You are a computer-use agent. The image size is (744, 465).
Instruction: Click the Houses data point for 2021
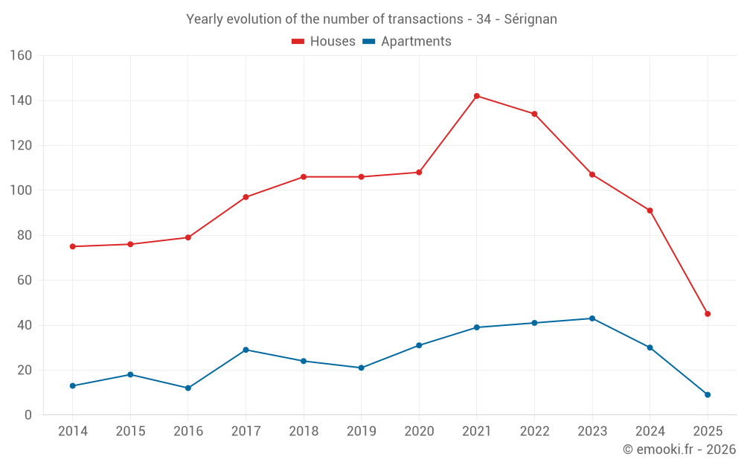(477, 96)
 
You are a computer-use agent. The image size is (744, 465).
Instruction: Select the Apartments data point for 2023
(592, 318)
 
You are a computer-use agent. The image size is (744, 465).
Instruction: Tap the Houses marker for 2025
(708, 314)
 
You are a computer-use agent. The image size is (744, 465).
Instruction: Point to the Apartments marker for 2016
(188, 388)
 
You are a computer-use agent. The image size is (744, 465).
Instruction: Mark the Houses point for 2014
(73, 246)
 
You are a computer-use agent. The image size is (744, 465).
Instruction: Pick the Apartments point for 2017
(246, 350)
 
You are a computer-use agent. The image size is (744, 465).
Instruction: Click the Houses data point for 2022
(534, 114)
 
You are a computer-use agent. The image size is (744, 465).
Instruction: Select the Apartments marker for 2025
(708, 395)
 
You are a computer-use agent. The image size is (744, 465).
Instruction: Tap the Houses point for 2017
(246, 197)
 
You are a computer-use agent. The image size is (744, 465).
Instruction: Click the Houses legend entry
(324, 42)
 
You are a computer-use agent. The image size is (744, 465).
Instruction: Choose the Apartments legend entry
(407, 42)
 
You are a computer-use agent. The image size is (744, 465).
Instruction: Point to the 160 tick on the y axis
(22, 56)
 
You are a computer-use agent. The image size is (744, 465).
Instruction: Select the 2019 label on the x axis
(361, 432)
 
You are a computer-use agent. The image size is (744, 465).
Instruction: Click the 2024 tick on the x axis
(650, 432)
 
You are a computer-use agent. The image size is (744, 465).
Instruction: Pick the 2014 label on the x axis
(73, 432)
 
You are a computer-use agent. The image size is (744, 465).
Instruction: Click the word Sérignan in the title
(530, 19)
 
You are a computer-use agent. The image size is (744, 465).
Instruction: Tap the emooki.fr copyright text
(679, 449)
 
